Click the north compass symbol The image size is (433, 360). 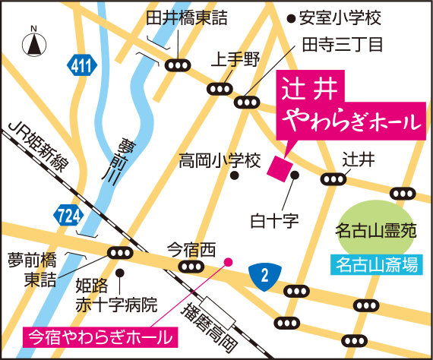point(34,43)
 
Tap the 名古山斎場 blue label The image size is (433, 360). point(377,265)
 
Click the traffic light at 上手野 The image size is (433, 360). point(220,89)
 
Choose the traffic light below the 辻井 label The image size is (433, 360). point(333,179)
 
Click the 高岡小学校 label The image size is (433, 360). point(220,161)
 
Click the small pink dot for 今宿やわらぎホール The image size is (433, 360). point(227,263)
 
